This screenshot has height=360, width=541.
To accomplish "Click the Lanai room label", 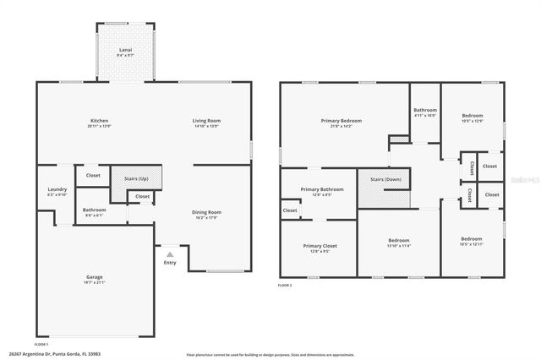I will point(125,51).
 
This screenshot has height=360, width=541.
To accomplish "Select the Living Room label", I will point(206,121).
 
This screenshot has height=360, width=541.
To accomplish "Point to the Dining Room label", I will point(206,212).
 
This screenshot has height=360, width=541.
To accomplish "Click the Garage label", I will point(95,277).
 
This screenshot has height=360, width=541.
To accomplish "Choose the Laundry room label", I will point(57,189).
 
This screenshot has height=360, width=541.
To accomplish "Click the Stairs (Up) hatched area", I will point(136,178).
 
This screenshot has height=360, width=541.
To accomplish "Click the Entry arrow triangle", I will point(170,254).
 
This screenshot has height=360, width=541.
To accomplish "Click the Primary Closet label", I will point(320,246).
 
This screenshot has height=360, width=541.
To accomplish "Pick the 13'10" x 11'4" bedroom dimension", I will point(398,246).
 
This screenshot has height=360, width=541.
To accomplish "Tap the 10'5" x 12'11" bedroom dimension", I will point(472,244).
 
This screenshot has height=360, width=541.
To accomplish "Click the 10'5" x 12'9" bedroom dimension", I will point(472,121).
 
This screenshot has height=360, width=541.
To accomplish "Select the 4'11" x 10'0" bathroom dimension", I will point(425,116).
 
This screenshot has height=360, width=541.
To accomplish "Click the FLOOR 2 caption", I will point(285,286).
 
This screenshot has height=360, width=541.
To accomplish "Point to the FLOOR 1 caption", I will point(41,345).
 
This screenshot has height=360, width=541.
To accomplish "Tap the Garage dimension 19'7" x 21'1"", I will point(95,282).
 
